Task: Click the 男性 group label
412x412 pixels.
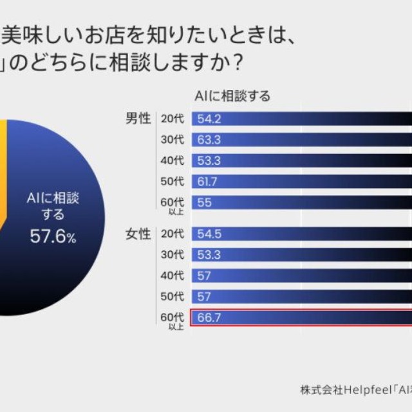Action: click(x=138, y=118)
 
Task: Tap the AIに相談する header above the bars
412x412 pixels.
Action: click(x=232, y=96)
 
